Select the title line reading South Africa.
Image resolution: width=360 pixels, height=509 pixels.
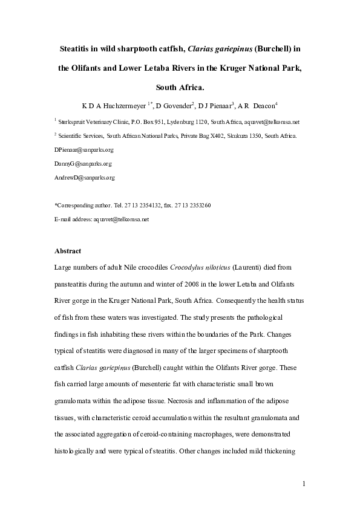coord(180,86)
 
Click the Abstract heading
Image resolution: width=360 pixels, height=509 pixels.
coord(68,250)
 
